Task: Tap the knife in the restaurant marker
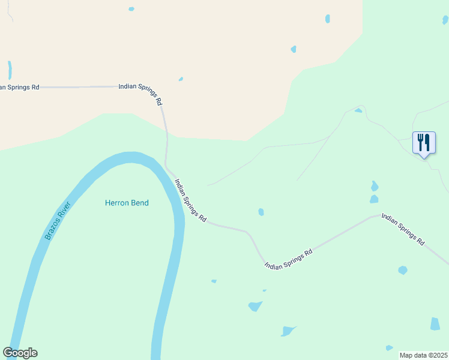427,142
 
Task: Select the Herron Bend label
127,203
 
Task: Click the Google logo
20,353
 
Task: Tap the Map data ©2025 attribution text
423,355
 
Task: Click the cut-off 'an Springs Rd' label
19,87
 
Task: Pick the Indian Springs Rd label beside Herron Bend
190,200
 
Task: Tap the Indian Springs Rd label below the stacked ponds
403,230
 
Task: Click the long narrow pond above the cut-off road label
10,70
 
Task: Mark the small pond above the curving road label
181,79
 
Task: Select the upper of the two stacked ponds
375,185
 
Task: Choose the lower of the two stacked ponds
374,199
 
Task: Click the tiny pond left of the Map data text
389,347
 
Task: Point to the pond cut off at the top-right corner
445,20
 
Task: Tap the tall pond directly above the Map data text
435,324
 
